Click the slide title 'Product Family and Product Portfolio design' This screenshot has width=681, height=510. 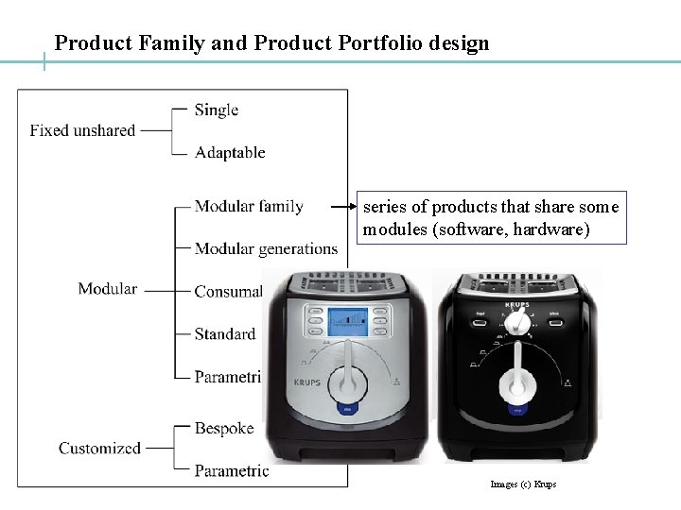click(272, 43)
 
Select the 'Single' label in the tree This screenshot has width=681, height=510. click(216, 110)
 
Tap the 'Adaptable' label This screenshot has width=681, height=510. click(230, 152)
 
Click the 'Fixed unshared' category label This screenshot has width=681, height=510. click(82, 130)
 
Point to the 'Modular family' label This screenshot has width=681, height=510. click(249, 206)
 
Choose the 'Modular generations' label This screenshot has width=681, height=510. click(266, 248)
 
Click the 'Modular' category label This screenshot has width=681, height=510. click(108, 289)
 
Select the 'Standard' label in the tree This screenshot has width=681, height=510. click(225, 333)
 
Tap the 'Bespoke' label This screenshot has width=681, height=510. click(224, 428)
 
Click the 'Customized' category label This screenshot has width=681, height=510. click(99, 449)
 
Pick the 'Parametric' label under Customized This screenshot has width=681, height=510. click(232, 470)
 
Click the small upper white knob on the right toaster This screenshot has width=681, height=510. click(516, 322)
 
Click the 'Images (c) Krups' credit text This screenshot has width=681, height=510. click(523, 484)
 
